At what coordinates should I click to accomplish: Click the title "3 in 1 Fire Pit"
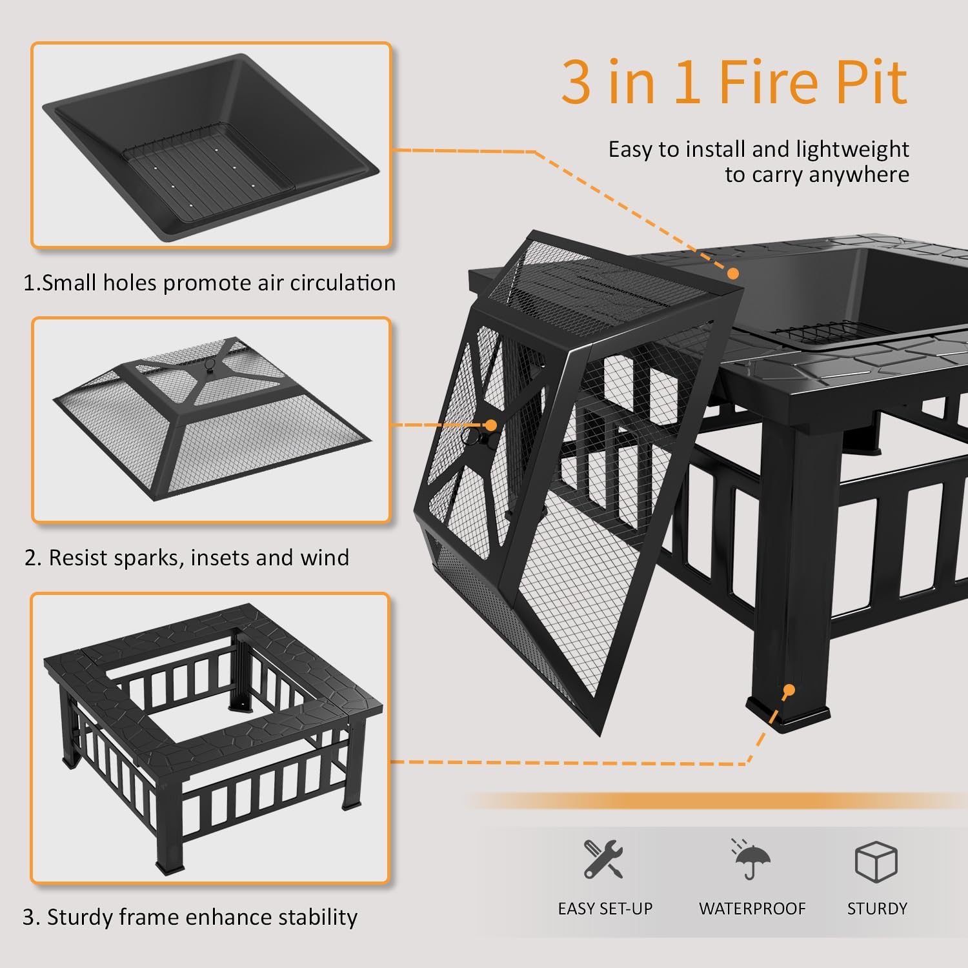(x=734, y=82)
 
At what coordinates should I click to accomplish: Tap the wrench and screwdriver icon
(x=603, y=859)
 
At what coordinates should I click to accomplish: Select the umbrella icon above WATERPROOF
(x=752, y=860)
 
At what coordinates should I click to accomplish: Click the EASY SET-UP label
(x=605, y=909)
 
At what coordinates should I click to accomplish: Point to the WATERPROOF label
(x=752, y=909)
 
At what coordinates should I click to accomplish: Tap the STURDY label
(x=876, y=909)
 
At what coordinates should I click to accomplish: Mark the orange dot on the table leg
(x=788, y=691)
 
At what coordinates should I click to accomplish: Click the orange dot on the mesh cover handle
(x=491, y=425)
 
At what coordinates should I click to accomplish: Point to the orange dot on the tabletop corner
(x=733, y=274)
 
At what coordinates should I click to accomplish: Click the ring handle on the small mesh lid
(x=208, y=365)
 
